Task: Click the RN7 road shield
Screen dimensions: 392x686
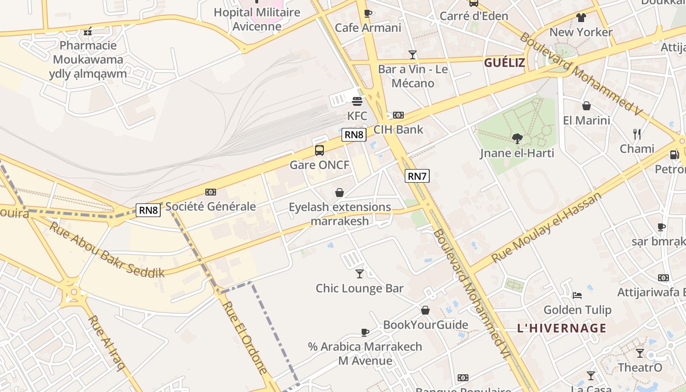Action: point(417,176)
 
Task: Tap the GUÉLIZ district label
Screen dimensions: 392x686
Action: point(505,63)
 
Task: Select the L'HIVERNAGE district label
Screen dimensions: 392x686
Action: point(562,328)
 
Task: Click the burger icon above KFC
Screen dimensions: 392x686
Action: point(357,101)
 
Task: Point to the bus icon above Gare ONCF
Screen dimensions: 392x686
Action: point(319,150)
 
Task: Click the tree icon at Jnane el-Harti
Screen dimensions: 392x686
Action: point(517,139)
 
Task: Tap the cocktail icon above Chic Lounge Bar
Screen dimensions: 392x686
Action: point(360,274)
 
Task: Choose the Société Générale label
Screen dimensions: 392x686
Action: point(211,206)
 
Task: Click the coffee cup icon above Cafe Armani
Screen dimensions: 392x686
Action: point(368,13)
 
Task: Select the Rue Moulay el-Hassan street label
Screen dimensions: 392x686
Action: point(546,227)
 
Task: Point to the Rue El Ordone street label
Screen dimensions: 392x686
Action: point(245,338)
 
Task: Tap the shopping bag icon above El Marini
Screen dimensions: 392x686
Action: point(586,106)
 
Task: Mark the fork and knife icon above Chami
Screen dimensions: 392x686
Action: point(637,134)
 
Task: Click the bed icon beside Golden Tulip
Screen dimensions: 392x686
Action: point(577,295)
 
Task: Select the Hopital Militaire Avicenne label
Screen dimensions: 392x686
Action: point(257,19)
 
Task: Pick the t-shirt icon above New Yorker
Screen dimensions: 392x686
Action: point(581,18)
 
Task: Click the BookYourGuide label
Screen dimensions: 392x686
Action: point(425,325)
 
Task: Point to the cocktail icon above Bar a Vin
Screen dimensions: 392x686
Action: point(413,55)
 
